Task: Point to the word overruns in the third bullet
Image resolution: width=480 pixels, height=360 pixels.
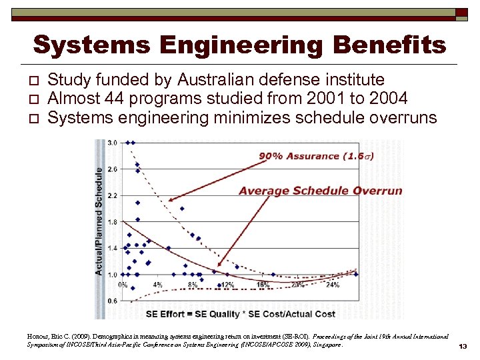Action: tap(401, 118)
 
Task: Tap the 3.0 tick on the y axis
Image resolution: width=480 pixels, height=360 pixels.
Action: tap(112, 143)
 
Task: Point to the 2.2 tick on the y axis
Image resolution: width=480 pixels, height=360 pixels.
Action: tap(112, 195)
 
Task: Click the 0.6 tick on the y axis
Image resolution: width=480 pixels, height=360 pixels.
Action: tap(112, 301)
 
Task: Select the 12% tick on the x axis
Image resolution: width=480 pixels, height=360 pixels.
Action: tap(227, 285)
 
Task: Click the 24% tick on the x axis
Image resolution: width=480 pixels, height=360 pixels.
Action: tap(332, 285)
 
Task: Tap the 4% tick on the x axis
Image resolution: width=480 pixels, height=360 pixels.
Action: tap(157, 285)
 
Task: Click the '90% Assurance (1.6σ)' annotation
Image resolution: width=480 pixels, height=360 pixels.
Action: tap(317, 156)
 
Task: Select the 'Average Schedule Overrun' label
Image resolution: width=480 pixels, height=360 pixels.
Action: tap(320, 191)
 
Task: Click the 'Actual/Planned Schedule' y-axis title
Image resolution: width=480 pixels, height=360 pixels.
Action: tap(99, 220)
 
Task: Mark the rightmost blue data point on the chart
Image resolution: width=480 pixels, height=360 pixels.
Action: tap(356, 274)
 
